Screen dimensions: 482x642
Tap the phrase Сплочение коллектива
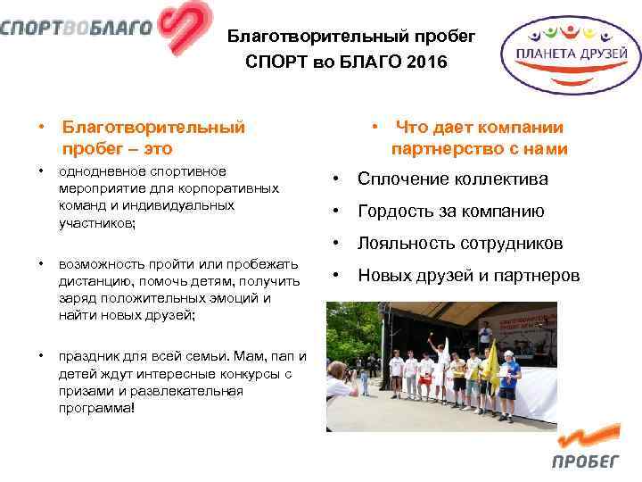[x=453, y=179]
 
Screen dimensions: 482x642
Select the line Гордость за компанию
[x=450, y=212]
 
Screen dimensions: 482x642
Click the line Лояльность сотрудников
[x=460, y=244]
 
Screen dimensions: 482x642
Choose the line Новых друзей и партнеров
[x=468, y=276]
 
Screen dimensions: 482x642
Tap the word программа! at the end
[x=97, y=408]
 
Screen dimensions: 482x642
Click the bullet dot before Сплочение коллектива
[x=333, y=179]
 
